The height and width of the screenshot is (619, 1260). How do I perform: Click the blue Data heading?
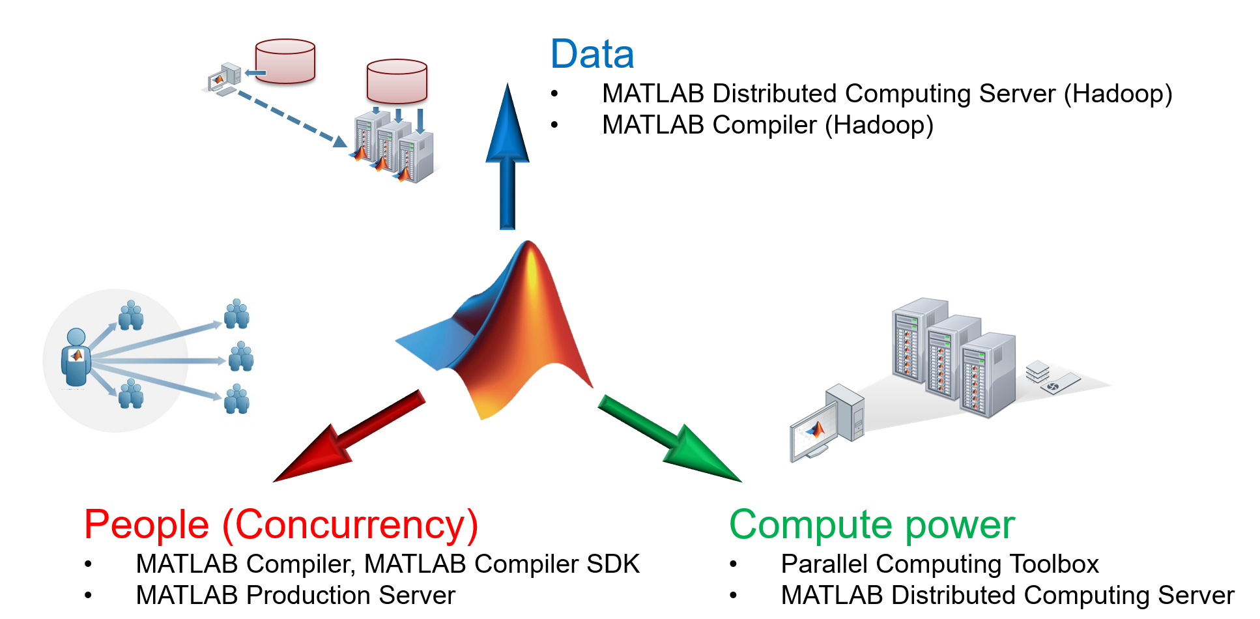592,54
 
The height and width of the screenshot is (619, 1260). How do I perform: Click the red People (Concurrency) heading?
281,525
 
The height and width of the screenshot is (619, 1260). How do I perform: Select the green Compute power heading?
872,525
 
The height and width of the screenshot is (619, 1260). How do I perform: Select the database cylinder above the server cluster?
397,81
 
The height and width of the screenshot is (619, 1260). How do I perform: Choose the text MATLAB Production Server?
295,596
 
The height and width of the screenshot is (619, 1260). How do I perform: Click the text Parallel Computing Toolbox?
939,564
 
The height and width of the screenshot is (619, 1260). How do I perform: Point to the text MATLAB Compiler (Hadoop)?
767,125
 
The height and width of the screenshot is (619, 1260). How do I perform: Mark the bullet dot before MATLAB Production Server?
88,596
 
